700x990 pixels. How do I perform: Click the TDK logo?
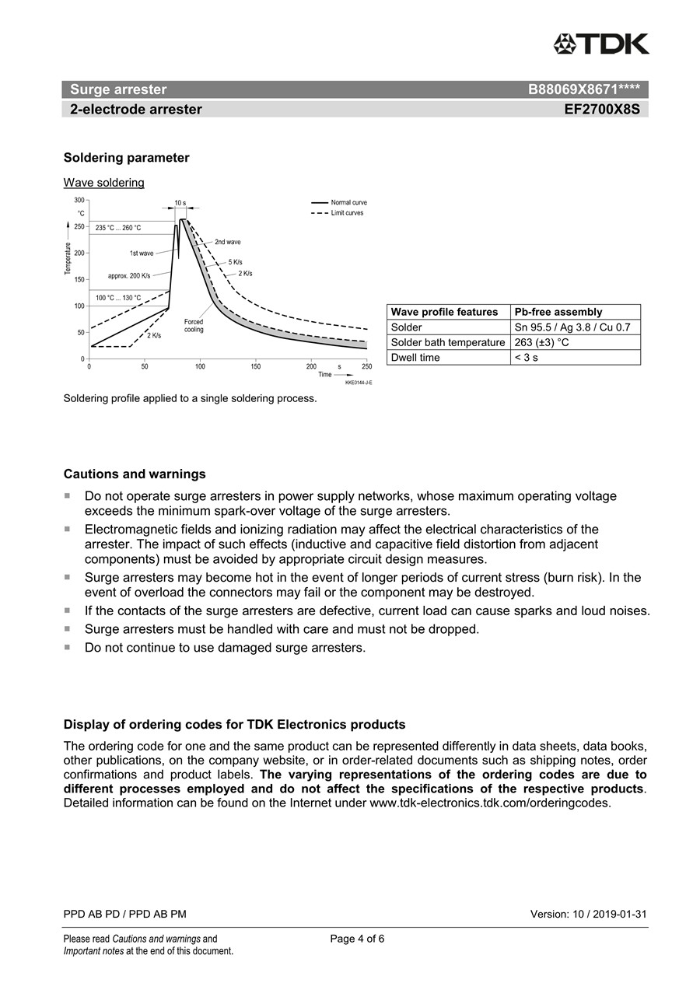coord(601,44)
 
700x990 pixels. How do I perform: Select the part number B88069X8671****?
coord(583,89)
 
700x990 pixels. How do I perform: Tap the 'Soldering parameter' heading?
coord(126,158)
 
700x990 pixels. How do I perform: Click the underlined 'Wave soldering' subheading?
coord(103,183)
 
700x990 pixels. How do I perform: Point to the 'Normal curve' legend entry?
coord(348,202)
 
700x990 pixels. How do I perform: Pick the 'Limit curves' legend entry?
coord(347,212)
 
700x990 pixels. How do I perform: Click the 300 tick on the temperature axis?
coord(79,200)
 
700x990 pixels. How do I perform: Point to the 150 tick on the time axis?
coord(256,366)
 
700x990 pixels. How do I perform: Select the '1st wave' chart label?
coord(142,253)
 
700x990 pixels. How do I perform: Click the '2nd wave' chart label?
coord(228,242)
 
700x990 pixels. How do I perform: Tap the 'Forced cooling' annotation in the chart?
coord(194,325)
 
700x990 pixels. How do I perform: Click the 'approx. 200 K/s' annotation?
coord(129,275)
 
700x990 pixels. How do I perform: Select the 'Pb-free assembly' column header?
coord(558,312)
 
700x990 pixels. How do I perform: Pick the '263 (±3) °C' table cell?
coord(542,342)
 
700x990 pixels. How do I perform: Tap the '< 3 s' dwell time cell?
coord(526,358)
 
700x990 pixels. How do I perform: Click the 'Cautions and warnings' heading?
coord(135,474)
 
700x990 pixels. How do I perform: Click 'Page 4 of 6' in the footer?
coord(357,939)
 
